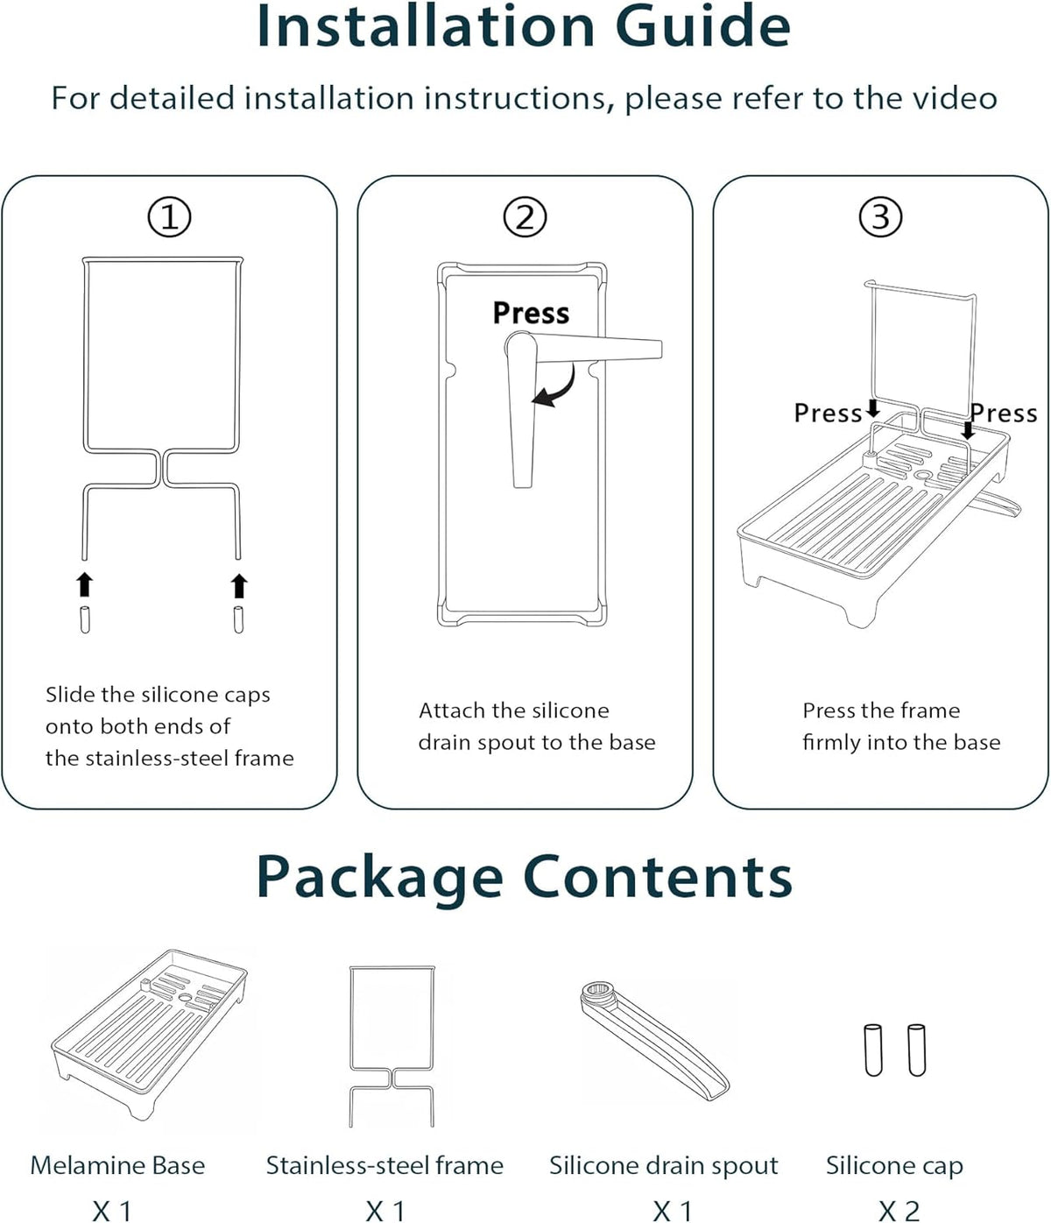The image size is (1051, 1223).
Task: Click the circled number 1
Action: click(169, 217)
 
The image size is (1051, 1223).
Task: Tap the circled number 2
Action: click(525, 217)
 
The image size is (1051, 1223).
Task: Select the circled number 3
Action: click(880, 217)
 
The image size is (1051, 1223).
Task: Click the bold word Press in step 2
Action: click(531, 313)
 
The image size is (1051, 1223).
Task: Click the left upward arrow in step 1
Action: click(85, 584)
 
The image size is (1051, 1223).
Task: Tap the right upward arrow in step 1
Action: click(239, 585)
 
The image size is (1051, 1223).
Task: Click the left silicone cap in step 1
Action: click(85, 619)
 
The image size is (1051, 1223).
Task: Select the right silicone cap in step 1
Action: click(238, 619)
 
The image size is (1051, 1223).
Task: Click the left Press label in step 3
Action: click(828, 413)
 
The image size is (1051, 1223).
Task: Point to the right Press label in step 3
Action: click(1005, 413)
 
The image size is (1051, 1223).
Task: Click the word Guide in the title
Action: click(702, 26)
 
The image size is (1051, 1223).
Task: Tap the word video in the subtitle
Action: click(956, 97)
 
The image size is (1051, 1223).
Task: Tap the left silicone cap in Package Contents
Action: click(873, 1050)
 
